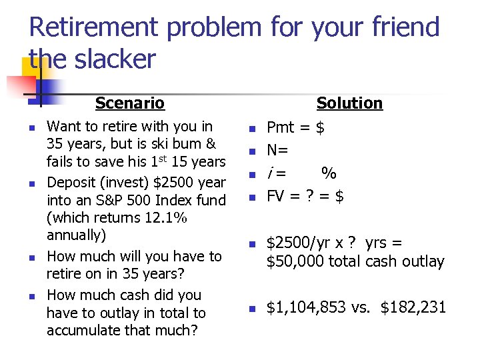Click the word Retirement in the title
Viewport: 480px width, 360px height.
(93, 28)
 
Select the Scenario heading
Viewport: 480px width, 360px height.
(129, 103)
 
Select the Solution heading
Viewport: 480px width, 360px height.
(349, 103)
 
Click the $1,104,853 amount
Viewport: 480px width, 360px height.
(306, 307)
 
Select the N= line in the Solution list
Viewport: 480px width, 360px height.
(277, 150)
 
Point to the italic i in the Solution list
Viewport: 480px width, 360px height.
(270, 173)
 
